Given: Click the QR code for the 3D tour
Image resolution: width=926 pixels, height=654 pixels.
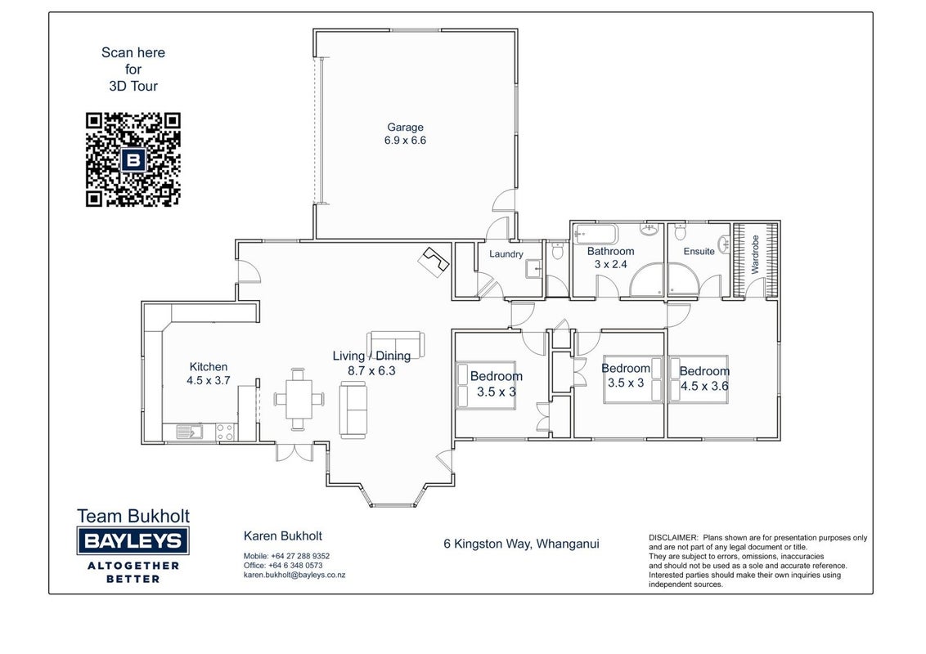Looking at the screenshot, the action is coord(133,159).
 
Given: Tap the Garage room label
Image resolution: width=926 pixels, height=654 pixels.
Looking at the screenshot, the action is coord(405,127).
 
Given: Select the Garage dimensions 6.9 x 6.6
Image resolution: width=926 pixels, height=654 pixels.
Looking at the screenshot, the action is coord(405,141).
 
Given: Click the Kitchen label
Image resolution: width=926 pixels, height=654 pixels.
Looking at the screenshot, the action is coord(209,366).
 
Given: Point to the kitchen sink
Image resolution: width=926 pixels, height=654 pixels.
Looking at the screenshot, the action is coord(189,432).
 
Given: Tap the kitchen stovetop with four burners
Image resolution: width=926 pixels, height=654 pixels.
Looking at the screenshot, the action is coord(225,432).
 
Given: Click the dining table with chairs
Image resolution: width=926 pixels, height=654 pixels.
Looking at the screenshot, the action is coord(299,400).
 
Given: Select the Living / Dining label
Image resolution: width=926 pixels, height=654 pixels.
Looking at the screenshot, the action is coord(371,356).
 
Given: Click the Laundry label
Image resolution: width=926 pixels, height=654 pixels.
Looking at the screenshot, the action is coord(506,253).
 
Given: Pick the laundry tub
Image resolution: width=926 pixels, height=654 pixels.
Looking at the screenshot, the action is coord(534,269).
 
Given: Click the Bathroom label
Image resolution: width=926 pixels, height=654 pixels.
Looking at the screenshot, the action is coord(610,251).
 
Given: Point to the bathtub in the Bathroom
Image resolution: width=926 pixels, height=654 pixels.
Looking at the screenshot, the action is coord(596,235).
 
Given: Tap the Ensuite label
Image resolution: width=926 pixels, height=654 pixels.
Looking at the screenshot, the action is coord(699,252).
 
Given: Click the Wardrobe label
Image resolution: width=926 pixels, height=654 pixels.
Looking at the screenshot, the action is coord(755,254).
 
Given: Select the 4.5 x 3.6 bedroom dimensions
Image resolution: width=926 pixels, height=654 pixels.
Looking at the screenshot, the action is coord(704,386).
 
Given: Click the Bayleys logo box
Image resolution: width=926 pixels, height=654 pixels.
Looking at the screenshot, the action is coord(133,540).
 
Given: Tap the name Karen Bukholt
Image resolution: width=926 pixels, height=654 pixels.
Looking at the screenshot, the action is coord(283,536).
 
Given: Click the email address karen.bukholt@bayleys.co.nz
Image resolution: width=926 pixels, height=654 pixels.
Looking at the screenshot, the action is coord(294,575).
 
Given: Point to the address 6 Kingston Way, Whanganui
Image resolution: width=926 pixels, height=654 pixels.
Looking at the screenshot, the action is coord(521,544).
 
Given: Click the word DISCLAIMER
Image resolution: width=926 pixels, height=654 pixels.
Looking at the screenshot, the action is coord(673,538).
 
